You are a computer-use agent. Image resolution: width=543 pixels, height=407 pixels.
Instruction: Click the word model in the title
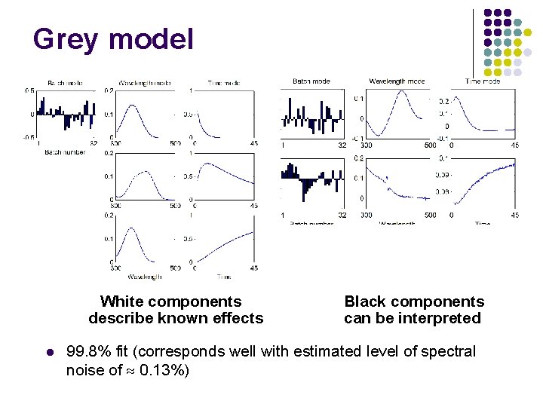(151, 39)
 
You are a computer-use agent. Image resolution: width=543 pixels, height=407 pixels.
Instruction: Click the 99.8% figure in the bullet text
(90, 351)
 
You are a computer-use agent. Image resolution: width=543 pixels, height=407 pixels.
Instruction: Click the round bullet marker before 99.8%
(48, 352)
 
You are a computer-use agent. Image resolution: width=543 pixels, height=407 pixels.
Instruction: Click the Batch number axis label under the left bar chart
(64, 151)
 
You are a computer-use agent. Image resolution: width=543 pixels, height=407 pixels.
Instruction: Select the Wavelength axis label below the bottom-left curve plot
(143, 277)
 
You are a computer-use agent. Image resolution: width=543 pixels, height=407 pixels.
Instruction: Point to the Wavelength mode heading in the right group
(397, 81)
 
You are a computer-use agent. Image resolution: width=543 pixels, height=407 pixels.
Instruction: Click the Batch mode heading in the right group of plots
(311, 81)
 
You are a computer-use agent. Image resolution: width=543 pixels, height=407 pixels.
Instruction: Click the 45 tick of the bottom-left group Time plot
(254, 268)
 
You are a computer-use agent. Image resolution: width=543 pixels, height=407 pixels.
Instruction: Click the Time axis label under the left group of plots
(224, 277)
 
